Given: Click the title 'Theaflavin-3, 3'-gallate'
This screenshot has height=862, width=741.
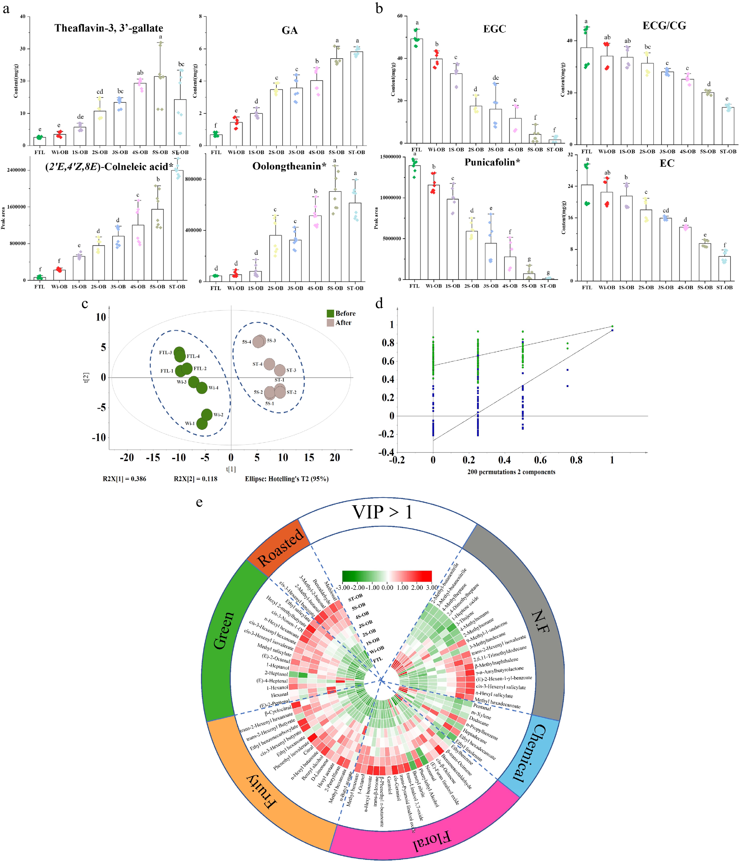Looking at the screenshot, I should tap(109, 28).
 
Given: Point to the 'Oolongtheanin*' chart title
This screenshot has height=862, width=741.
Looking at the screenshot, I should tap(289, 166).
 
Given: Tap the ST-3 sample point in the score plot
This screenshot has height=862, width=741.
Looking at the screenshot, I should tap(280, 370).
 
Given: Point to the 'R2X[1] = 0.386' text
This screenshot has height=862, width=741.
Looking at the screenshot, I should tap(125, 479).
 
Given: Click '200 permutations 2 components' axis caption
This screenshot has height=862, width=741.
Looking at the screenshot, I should tap(511, 472).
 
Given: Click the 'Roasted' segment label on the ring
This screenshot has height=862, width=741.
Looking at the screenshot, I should tap(280, 546).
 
